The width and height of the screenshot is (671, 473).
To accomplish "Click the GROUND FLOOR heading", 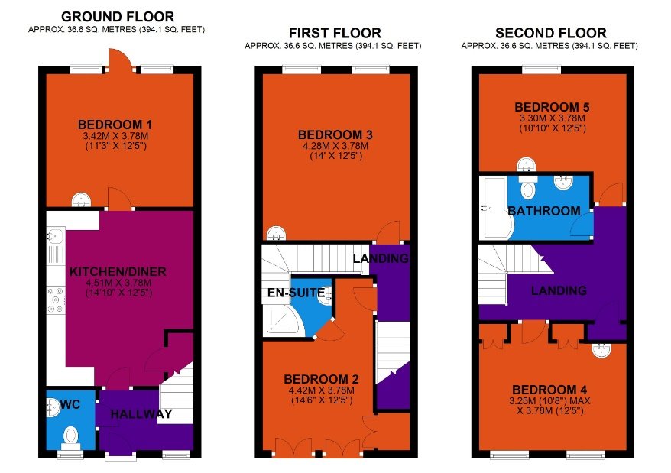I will tap(118, 16).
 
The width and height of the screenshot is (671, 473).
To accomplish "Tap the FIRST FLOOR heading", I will tap(334, 33).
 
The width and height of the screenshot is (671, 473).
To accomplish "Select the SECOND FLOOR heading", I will tap(550, 33).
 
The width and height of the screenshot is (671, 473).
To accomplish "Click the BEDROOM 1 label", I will tap(115, 125).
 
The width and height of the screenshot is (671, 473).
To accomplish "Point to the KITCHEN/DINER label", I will tap(118, 271).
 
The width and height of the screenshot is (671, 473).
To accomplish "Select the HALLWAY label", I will tap(141, 415).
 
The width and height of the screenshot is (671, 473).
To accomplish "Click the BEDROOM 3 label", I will tap(335, 135).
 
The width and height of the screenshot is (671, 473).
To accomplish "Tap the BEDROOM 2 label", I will tap(321, 379).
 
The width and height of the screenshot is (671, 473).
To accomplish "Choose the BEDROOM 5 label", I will tap(549, 107).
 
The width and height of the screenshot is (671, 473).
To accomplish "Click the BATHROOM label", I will tap(543, 211).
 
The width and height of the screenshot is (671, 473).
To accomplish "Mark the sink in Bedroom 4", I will tap(602, 350).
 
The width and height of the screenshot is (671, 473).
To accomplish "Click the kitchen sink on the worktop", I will tap(56, 245).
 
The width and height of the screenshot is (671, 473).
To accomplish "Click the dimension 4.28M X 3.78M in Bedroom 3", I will tap(335, 146).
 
